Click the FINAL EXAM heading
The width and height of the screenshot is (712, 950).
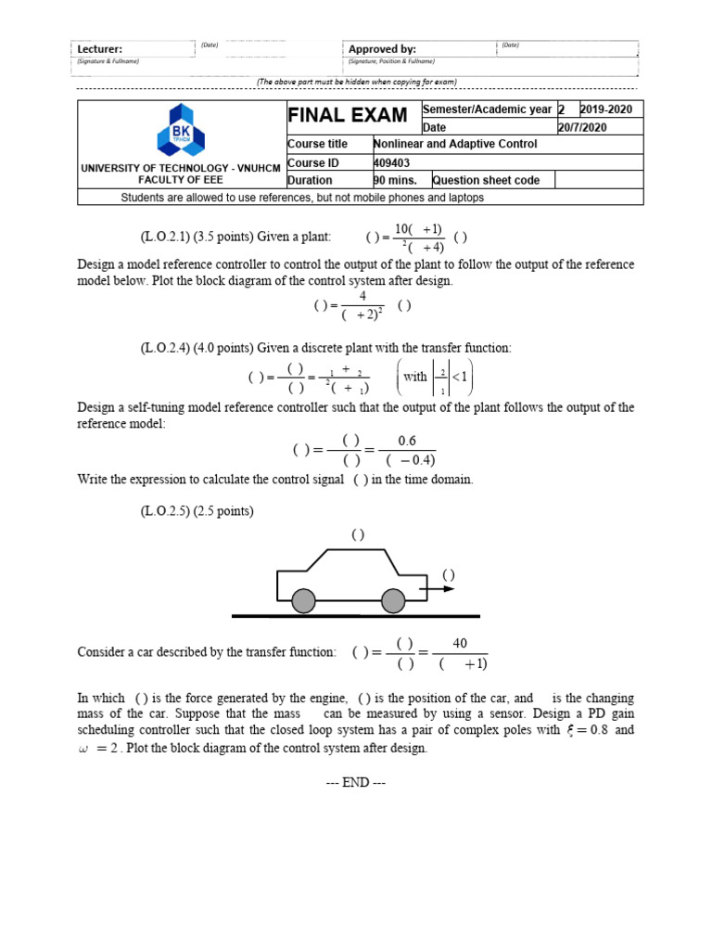pos(348,116)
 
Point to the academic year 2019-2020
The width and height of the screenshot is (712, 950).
pos(606,109)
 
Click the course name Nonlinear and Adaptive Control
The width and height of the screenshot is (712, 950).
pos(454,144)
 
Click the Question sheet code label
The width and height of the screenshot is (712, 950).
pos(487,180)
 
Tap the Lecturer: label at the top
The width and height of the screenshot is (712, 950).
pos(99,49)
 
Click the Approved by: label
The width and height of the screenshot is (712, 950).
pos(382,49)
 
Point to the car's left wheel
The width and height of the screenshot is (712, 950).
pos(303,603)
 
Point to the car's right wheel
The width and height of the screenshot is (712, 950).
pos(394,603)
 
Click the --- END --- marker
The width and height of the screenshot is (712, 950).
pos(356,782)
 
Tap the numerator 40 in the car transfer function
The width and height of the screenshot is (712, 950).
pos(461,643)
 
